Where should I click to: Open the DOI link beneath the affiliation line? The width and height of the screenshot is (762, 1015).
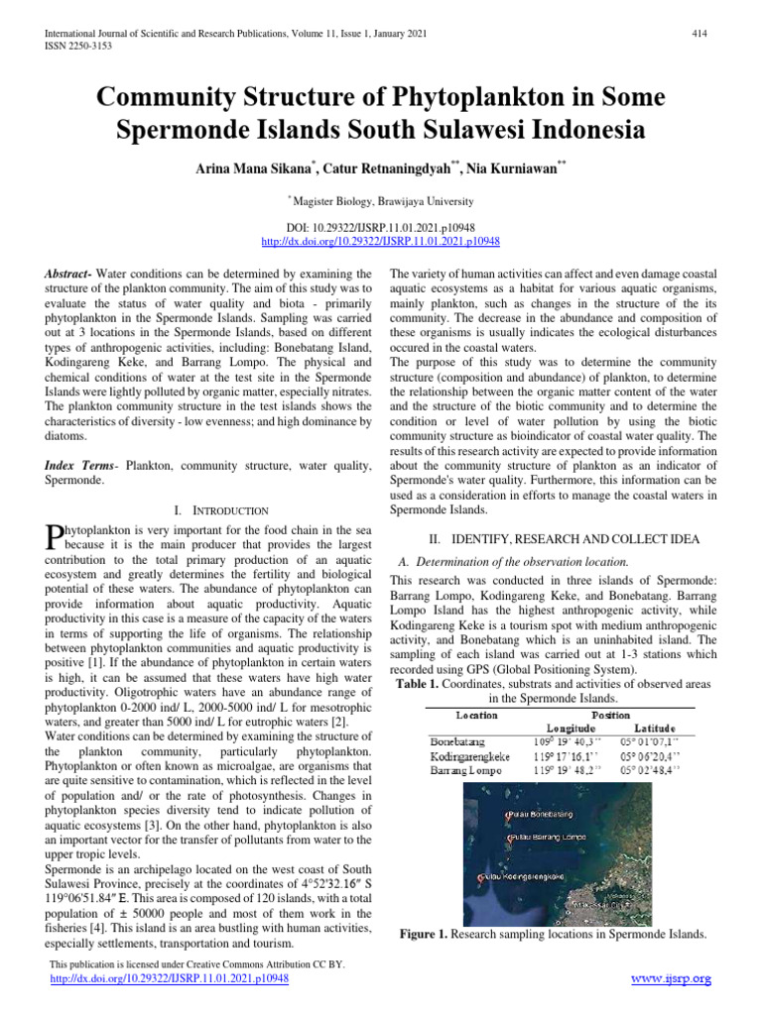[x=380, y=241]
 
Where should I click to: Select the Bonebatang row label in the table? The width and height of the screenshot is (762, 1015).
[x=458, y=740]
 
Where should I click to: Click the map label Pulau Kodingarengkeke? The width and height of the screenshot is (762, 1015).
[x=524, y=876]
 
